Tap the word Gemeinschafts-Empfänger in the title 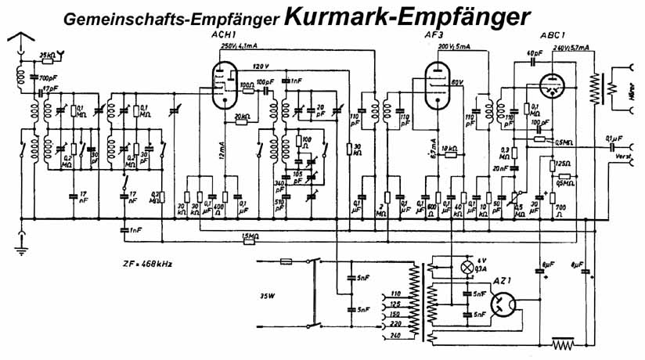click(x=171, y=18)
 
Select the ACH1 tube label click(x=225, y=36)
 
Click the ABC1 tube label click(x=554, y=36)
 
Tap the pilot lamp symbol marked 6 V click(x=469, y=268)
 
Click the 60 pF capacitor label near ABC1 click(x=534, y=54)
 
